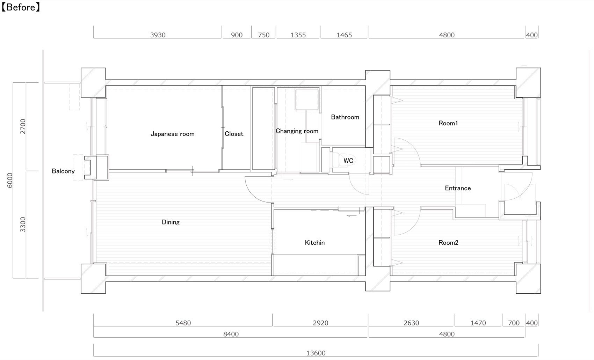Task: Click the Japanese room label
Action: coord(172,134)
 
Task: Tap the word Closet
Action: coord(234,134)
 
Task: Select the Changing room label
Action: coord(297,131)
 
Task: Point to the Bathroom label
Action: coord(345,117)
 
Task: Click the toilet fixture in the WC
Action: coord(343,160)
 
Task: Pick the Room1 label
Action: coord(448,123)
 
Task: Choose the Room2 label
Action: coord(448,243)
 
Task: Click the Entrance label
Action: coord(458,188)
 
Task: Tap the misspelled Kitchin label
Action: coord(314,243)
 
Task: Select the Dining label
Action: coord(171,222)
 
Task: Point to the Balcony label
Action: coord(63,171)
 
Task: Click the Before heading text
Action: coord(21,7)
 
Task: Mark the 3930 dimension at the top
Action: coord(158,35)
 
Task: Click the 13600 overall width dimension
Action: coord(316,353)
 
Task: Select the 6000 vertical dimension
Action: coord(9,180)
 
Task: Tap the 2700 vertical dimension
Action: coord(23,126)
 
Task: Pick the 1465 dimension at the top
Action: coord(344,35)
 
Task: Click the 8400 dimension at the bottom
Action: coord(231,334)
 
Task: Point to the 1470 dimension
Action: coord(478,323)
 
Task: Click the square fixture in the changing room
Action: coord(307,99)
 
